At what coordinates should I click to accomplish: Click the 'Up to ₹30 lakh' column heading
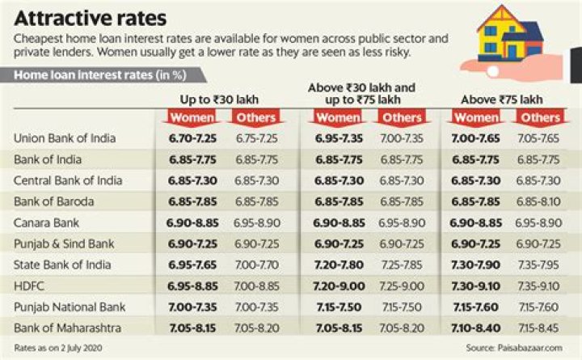(x=217, y=99)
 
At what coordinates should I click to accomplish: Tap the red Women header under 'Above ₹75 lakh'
(x=476, y=118)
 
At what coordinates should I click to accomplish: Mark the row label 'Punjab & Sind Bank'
(x=64, y=243)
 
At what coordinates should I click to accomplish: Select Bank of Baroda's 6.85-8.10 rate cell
(x=539, y=201)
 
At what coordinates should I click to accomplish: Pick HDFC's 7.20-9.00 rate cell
(x=339, y=286)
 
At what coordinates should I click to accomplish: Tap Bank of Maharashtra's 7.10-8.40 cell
(x=476, y=327)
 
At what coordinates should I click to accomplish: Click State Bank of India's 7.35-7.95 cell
(x=539, y=264)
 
